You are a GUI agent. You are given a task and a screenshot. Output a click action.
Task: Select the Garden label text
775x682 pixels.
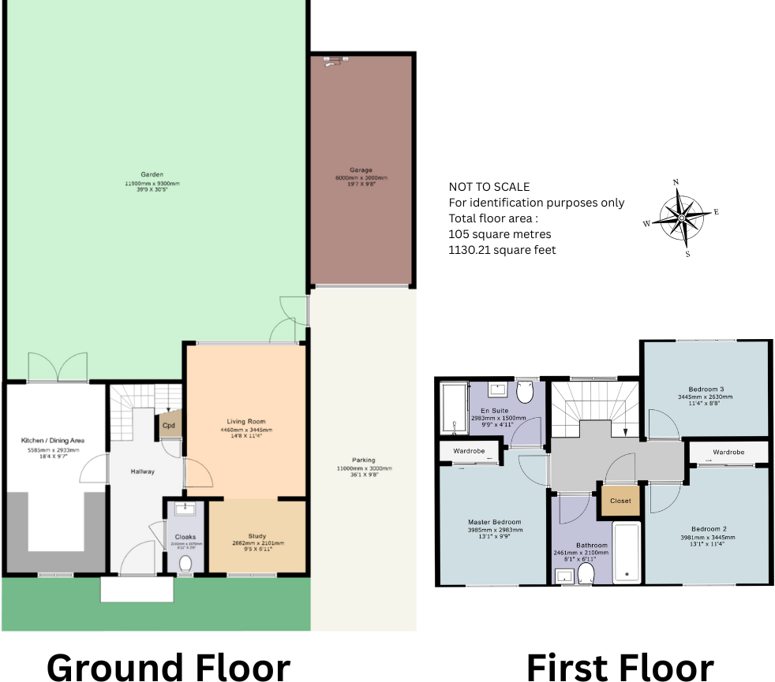(x=152, y=174)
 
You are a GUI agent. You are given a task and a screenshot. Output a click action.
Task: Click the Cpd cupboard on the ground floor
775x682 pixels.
(x=169, y=426)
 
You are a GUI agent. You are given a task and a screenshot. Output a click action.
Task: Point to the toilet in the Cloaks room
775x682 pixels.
(x=185, y=563)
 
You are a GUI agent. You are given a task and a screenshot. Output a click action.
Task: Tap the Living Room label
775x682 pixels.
(x=245, y=421)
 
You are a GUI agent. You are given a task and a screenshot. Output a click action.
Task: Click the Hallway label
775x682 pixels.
(x=143, y=471)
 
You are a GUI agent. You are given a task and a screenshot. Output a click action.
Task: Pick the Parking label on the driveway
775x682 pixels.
(x=364, y=460)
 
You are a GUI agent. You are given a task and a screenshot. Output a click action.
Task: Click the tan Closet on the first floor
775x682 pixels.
(x=620, y=501)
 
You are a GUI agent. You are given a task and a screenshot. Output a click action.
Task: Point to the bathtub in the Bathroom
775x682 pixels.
(x=628, y=551)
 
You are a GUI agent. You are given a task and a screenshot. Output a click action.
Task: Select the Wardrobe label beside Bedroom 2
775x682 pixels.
(x=728, y=453)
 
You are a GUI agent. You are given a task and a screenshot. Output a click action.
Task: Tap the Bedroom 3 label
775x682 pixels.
(x=706, y=389)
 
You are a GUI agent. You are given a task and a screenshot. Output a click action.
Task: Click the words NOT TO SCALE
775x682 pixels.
(x=489, y=187)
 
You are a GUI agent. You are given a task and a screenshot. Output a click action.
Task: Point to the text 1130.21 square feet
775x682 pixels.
(x=502, y=250)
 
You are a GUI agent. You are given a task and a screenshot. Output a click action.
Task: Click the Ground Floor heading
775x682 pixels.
(x=168, y=666)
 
